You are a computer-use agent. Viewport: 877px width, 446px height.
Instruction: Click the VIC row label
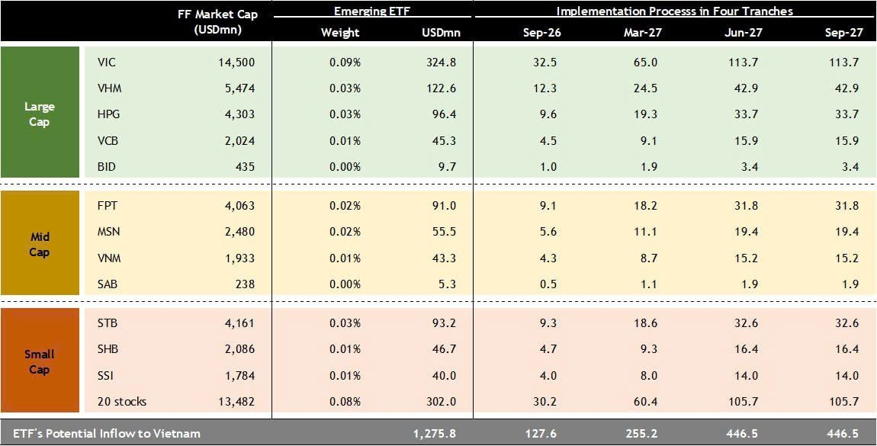pos(108,62)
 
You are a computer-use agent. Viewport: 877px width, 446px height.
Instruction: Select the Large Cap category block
pos(40,113)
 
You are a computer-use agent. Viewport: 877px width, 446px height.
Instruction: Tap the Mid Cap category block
pos(40,244)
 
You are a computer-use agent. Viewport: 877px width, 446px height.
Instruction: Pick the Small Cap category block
pos(40,361)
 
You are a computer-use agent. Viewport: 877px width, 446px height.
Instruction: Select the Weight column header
pos(340,33)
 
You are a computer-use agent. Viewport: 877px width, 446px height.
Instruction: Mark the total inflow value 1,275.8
pos(435,433)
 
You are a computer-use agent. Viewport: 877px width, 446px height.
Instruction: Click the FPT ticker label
pos(108,205)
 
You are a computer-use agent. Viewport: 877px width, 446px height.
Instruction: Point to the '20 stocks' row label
pos(122,401)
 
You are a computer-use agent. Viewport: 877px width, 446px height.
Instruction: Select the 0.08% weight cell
pos(345,401)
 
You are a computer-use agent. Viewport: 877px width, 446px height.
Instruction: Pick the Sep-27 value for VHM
pos(846,88)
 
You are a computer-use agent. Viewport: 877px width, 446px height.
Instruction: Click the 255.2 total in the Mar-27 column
pos(641,433)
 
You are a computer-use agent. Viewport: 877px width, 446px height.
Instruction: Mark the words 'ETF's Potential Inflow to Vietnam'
pos(102,433)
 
